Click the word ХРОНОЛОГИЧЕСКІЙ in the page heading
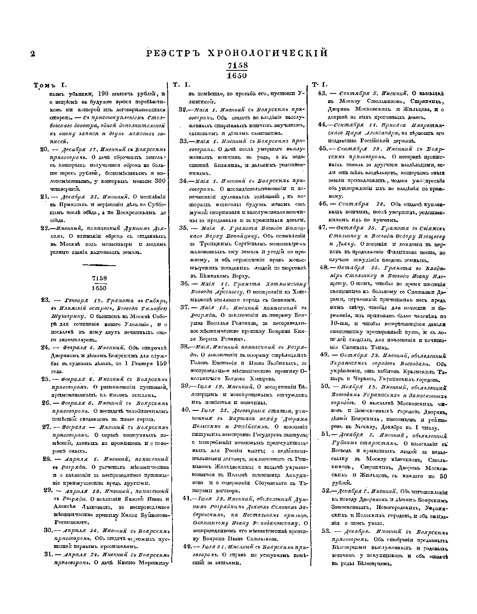pos(271,53)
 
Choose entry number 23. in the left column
pos(45,300)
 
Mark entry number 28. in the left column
pos(47,458)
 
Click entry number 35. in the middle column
pos(184,228)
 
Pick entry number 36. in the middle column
pos(184,284)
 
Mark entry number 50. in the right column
pos(325,386)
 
